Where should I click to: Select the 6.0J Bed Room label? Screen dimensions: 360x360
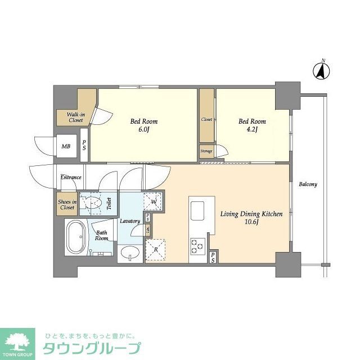pyautogui.click(x=144, y=125)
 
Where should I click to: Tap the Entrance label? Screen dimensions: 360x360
pyautogui.click(x=71, y=177)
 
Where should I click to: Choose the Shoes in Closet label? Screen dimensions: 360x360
pyautogui.click(x=66, y=204)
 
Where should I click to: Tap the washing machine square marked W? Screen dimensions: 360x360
pyautogui.click(x=152, y=201)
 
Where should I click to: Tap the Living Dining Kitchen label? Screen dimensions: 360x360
pyautogui.click(x=251, y=218)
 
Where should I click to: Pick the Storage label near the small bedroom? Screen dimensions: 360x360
pyautogui.click(x=206, y=151)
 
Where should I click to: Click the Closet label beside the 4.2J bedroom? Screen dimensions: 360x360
pyautogui.click(x=206, y=120)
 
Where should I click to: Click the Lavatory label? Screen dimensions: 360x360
pyautogui.click(x=129, y=221)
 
